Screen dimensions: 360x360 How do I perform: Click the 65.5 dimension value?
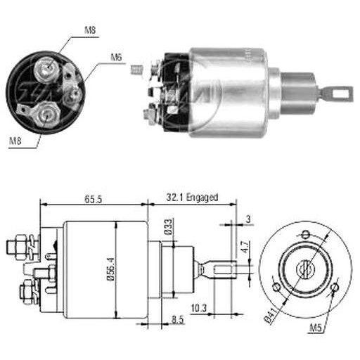pyautogui.click(x=93, y=200)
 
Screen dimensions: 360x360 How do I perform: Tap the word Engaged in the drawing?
pyautogui.click(x=202, y=198)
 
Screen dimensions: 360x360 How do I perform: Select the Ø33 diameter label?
pyautogui.click(x=168, y=226)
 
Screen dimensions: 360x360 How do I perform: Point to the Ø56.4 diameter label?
pyautogui.click(x=111, y=269)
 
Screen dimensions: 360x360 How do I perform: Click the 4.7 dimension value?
pyautogui.click(x=245, y=247)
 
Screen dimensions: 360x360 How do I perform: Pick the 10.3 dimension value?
pyautogui.click(x=199, y=308)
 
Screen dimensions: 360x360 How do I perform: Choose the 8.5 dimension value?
pyautogui.click(x=177, y=320)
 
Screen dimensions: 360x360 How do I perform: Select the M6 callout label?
pyautogui.click(x=116, y=58)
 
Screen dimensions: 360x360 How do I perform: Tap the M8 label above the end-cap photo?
pyautogui.click(x=90, y=30)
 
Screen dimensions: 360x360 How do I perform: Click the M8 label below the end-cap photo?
pyautogui.click(x=15, y=141)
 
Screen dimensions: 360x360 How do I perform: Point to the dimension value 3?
pyautogui.click(x=248, y=219)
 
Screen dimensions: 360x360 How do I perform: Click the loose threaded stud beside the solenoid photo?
pyautogui.click(x=136, y=70)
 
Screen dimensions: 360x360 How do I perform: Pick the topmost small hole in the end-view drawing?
pyautogui.click(x=305, y=234)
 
